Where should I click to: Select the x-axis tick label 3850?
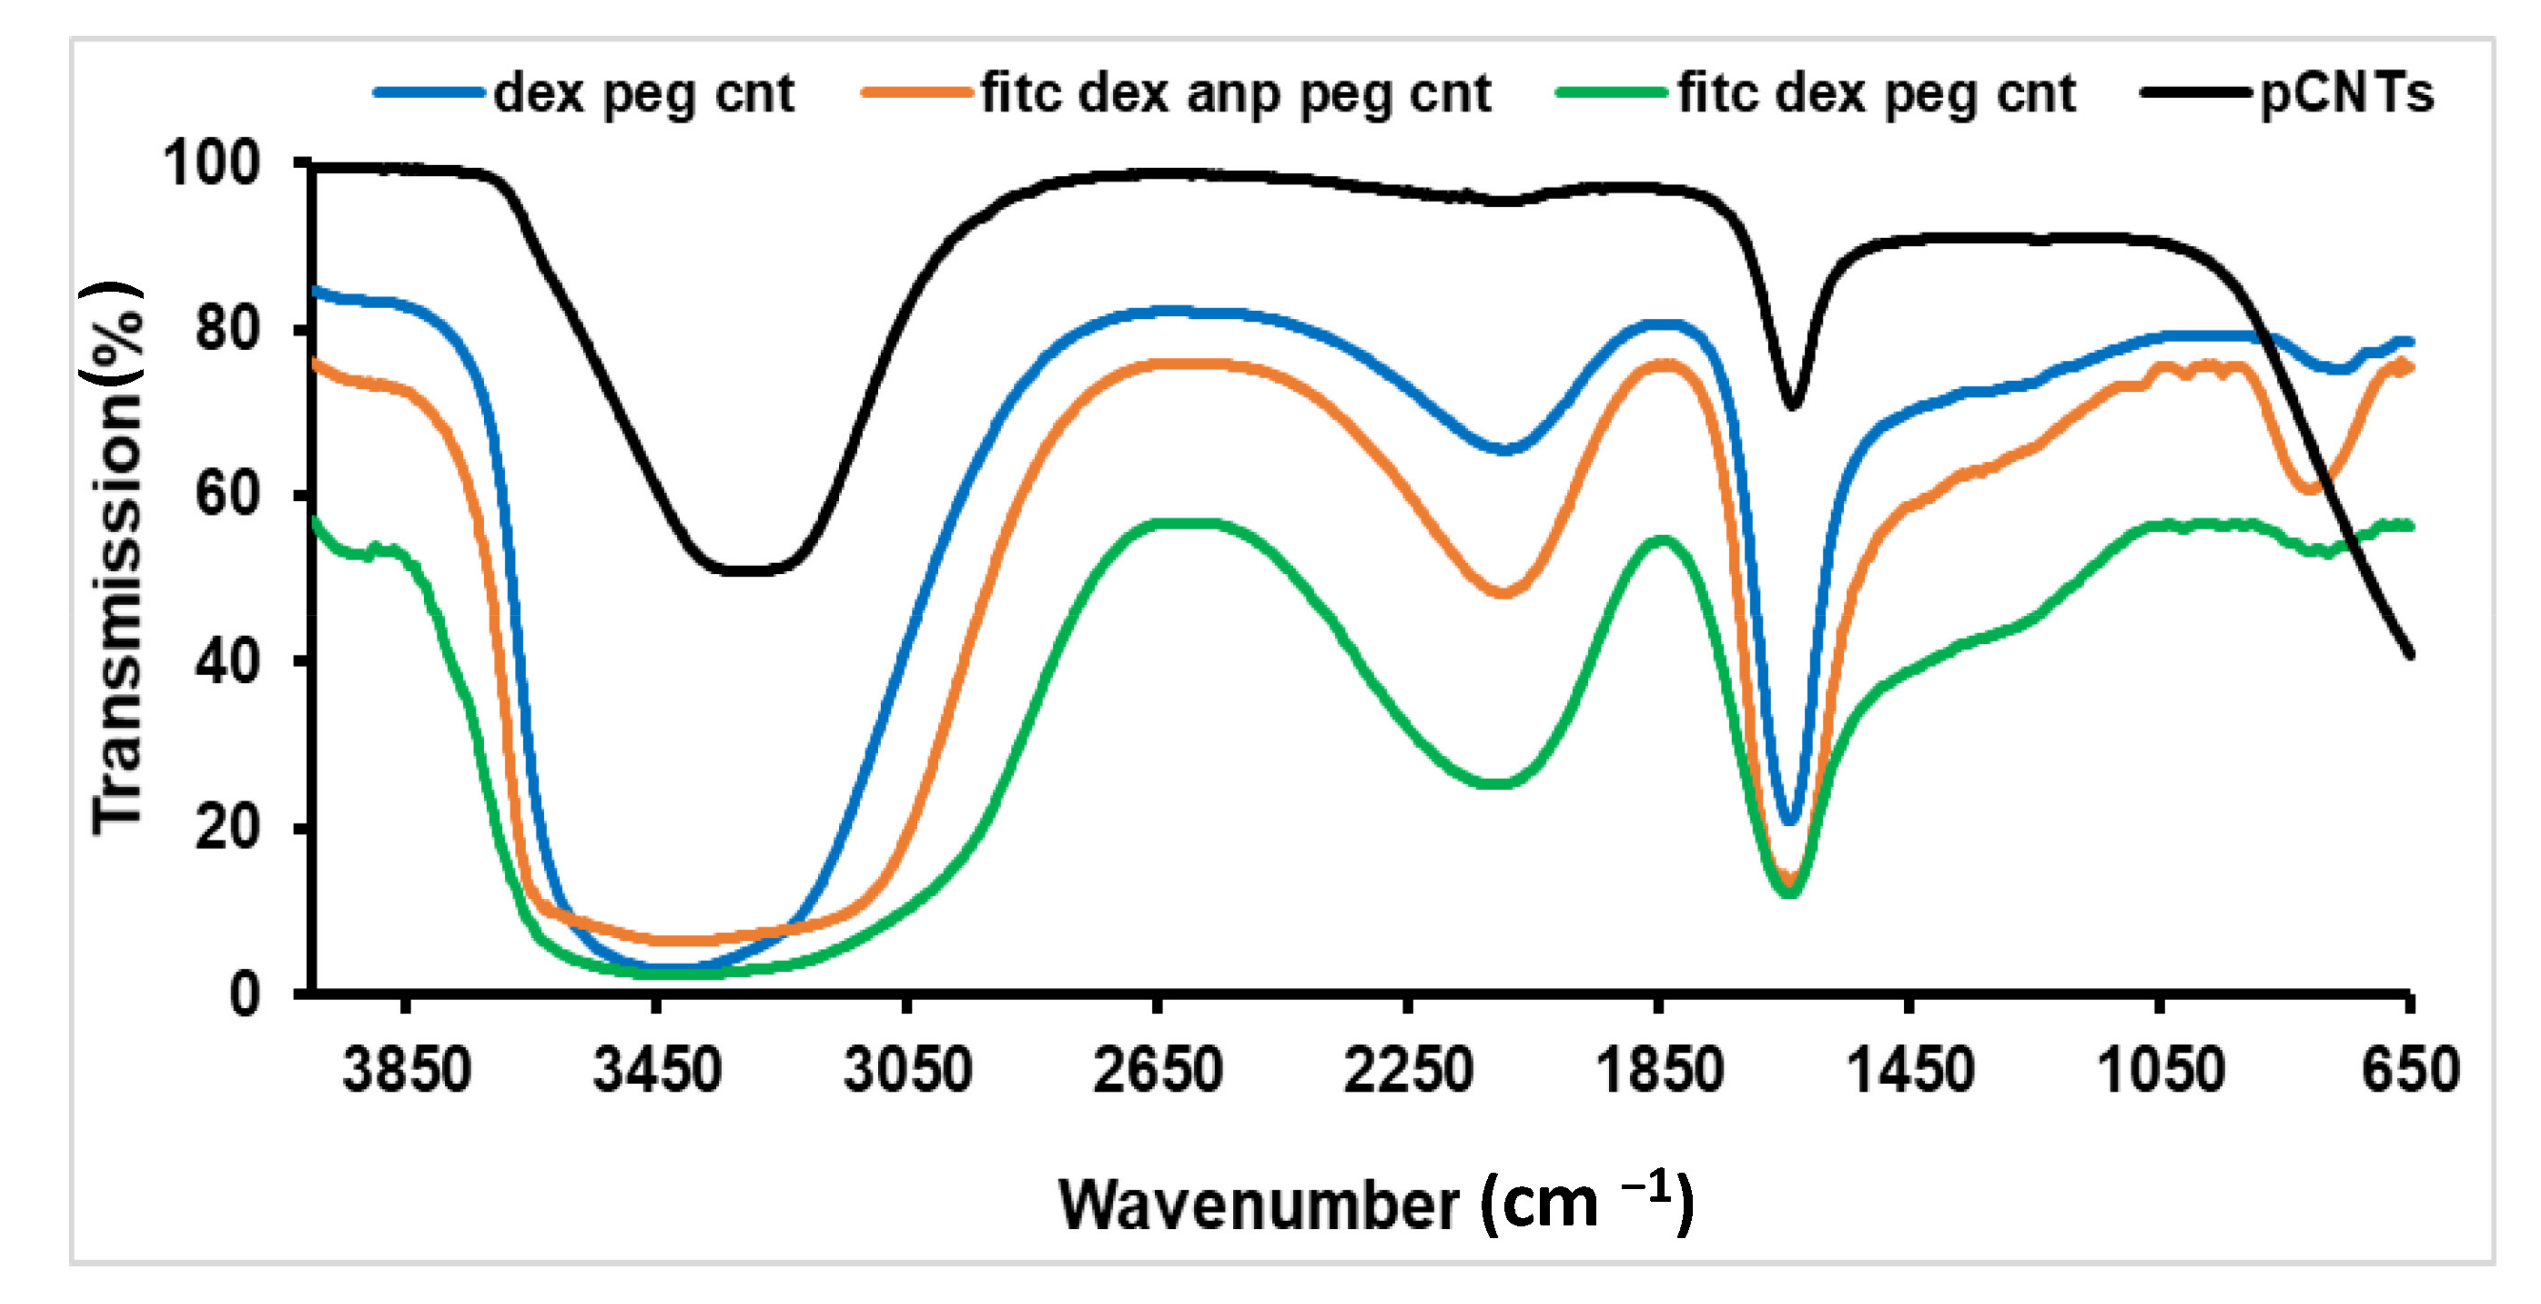pos(406,1070)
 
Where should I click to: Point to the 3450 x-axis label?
pos(657,1070)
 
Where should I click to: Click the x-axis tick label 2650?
pos(1158,1070)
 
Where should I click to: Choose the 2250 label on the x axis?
pos(1409,1070)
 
